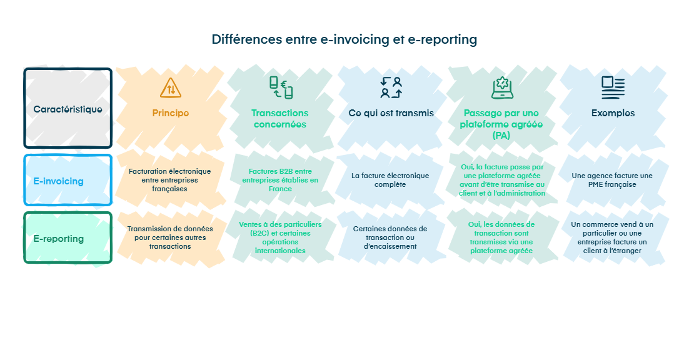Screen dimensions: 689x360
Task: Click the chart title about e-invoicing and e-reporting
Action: tap(344, 39)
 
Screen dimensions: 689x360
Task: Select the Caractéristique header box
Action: tap(68, 109)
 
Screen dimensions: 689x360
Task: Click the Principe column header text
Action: tap(170, 113)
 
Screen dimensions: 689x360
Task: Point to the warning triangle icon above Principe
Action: tap(170, 88)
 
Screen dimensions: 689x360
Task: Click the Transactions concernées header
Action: tap(279, 119)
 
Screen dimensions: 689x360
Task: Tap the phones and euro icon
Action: tap(281, 87)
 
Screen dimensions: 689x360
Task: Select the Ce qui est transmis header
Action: tap(391, 113)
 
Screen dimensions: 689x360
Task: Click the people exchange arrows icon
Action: tap(391, 87)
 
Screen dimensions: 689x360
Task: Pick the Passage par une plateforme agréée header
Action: tap(501, 124)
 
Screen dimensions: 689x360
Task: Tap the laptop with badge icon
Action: tap(501, 87)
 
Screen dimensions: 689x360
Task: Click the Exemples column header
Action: tap(613, 113)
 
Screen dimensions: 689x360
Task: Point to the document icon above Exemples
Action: tap(613, 87)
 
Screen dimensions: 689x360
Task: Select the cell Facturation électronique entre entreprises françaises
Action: tap(169, 179)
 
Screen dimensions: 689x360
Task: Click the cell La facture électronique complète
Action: tap(390, 180)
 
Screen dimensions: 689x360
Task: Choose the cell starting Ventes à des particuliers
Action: tap(279, 237)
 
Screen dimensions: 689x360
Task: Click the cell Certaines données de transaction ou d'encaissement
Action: tap(390, 237)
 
